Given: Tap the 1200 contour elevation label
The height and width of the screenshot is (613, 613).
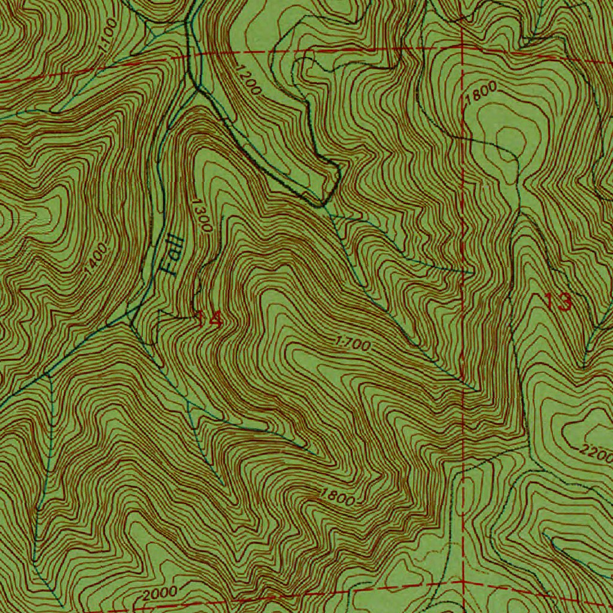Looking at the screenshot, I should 248,81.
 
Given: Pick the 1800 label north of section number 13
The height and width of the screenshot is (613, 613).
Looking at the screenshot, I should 481,93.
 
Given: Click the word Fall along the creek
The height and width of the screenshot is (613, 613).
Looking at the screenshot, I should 171,254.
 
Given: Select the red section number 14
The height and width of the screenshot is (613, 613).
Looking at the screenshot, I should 208,319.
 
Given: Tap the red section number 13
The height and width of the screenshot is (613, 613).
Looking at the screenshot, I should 559,302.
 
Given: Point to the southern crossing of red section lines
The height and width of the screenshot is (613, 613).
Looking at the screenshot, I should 463,581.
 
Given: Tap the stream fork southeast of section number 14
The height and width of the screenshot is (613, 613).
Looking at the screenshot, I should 190,407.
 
